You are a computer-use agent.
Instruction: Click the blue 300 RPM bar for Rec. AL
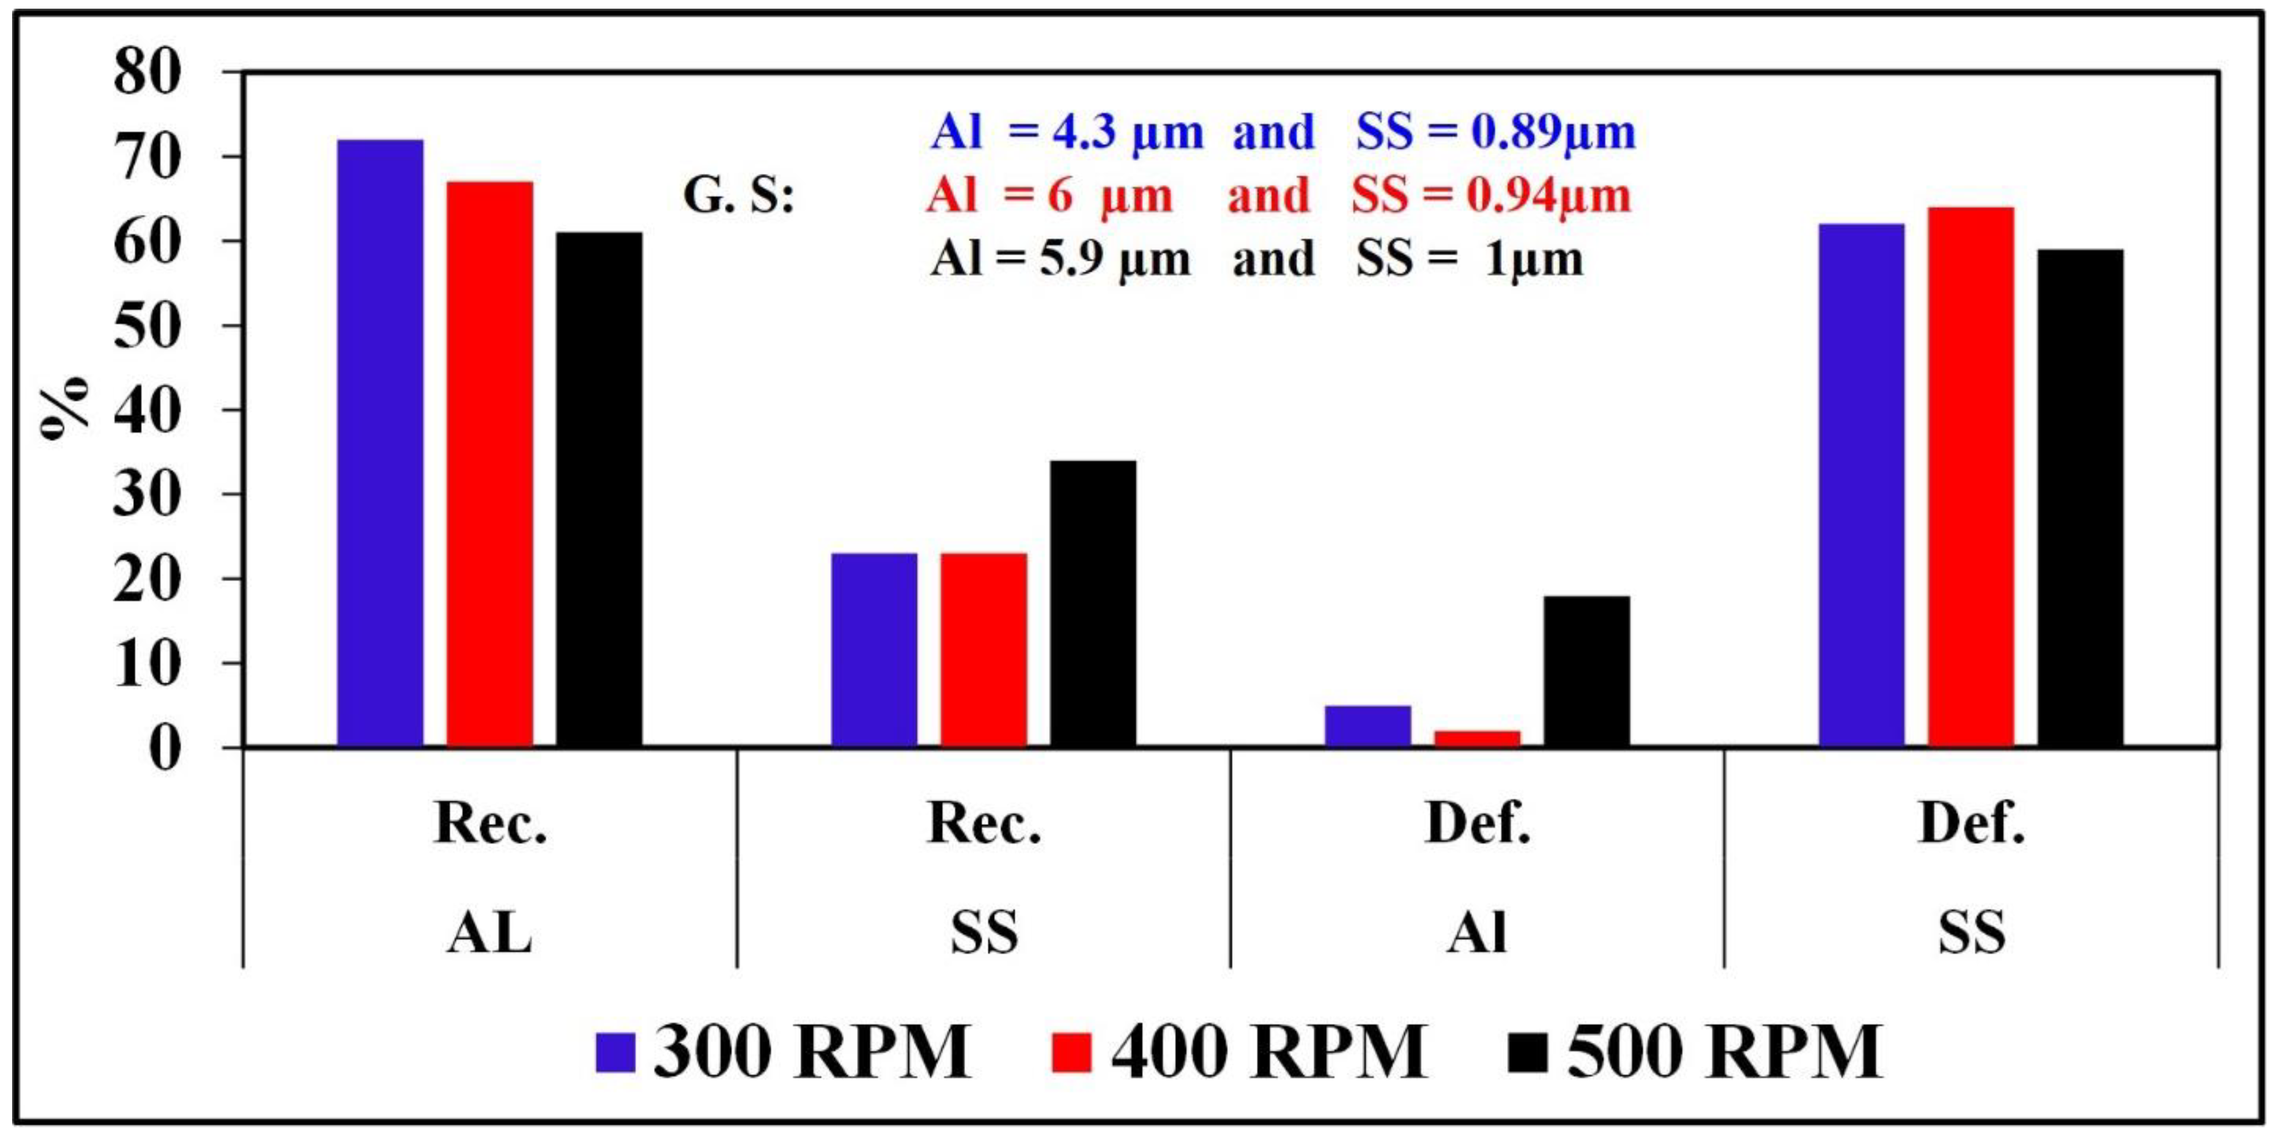[x=380, y=442]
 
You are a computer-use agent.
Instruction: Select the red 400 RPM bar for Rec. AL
[x=490, y=464]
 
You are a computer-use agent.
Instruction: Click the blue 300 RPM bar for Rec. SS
[x=874, y=650]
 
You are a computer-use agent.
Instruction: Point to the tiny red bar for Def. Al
[x=1477, y=738]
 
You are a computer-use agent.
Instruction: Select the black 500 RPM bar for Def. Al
[x=1586, y=671]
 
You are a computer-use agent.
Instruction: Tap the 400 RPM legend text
[x=1269, y=1052]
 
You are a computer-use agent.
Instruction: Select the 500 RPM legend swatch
[x=1527, y=1052]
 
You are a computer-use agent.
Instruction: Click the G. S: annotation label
[x=739, y=196]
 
